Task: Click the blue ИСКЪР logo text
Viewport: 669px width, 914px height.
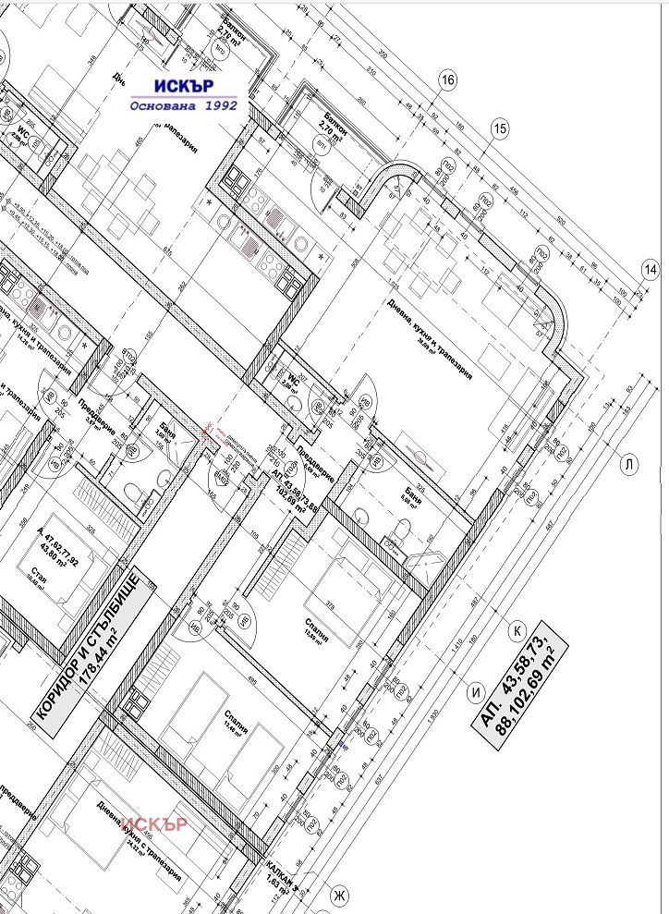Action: pyautogui.click(x=185, y=86)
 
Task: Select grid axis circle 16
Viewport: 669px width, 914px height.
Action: pyautogui.click(x=448, y=80)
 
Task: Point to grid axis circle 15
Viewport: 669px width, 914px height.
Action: pyautogui.click(x=501, y=128)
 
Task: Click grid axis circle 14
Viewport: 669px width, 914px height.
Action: pyautogui.click(x=650, y=269)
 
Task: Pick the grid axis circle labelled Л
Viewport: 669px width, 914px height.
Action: pyautogui.click(x=629, y=464)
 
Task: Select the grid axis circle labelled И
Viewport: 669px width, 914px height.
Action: pyautogui.click(x=477, y=689)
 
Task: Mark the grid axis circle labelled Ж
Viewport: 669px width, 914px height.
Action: pyautogui.click(x=340, y=895)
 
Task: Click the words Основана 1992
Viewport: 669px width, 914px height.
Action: pyautogui.click(x=184, y=105)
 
